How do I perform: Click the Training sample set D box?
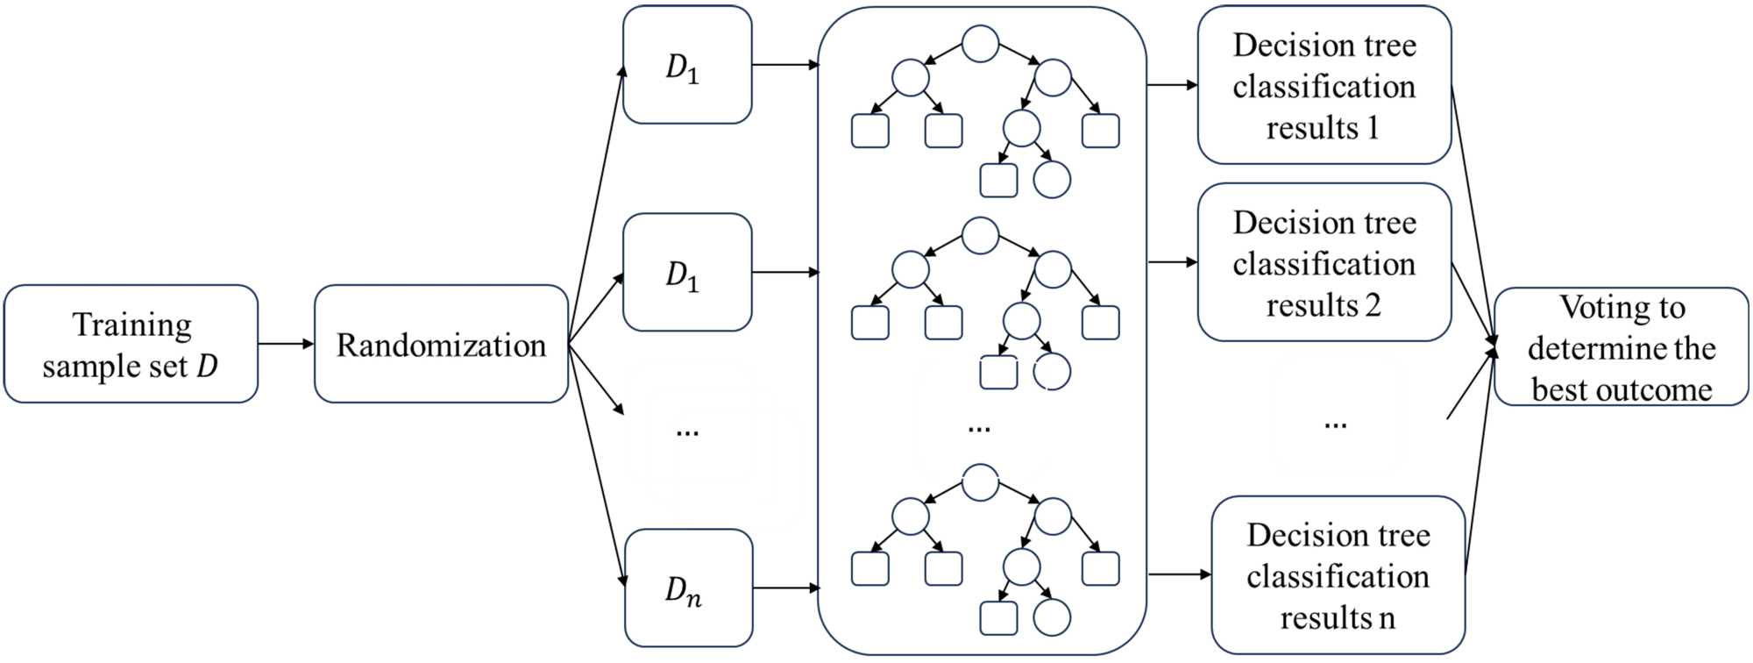click(131, 344)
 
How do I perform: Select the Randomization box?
click(441, 344)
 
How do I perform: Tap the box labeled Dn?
click(688, 588)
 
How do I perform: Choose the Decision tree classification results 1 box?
click(1324, 85)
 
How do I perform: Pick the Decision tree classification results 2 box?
click(1324, 262)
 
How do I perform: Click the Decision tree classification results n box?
click(1338, 575)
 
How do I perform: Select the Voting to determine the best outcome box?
click(1621, 346)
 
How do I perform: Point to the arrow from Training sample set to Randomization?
click(286, 344)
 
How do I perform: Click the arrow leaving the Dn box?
click(785, 588)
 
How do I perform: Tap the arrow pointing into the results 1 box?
click(1172, 85)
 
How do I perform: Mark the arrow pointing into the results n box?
click(1179, 574)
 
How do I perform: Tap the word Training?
click(131, 324)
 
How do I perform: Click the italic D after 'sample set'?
click(207, 366)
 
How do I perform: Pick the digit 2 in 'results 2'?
click(1372, 305)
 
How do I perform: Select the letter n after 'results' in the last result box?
click(1387, 618)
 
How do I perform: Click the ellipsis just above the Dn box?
click(687, 431)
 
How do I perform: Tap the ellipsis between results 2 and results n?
click(1335, 424)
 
